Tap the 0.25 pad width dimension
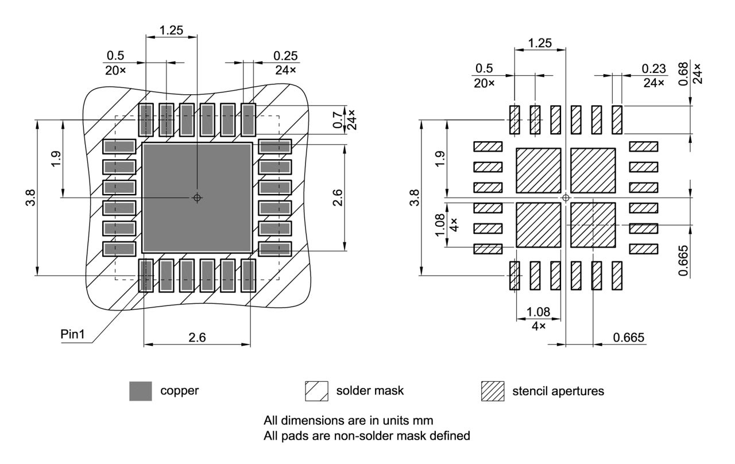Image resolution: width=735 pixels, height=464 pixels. tap(285, 56)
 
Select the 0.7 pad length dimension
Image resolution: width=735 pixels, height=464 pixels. tap(337, 119)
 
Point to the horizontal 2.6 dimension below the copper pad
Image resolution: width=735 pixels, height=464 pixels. tap(197, 338)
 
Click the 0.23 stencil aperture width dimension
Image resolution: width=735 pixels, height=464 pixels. tap(654, 69)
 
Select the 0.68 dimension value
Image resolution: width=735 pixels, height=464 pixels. tap(683, 73)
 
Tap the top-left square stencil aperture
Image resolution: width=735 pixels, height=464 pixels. tap(539, 171)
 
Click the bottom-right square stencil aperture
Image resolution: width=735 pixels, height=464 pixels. tap(593, 225)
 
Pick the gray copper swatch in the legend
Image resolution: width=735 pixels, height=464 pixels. tap(141, 391)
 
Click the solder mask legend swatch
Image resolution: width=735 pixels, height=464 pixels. tap(316, 391)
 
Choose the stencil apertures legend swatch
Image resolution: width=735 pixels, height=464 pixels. tap(492, 391)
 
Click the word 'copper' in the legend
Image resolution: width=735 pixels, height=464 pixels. tap(179, 391)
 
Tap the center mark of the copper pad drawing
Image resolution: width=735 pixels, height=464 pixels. tap(197, 198)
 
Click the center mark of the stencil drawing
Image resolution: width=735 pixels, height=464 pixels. tap(566, 198)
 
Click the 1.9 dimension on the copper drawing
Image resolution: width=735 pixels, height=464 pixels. tap(56, 158)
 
